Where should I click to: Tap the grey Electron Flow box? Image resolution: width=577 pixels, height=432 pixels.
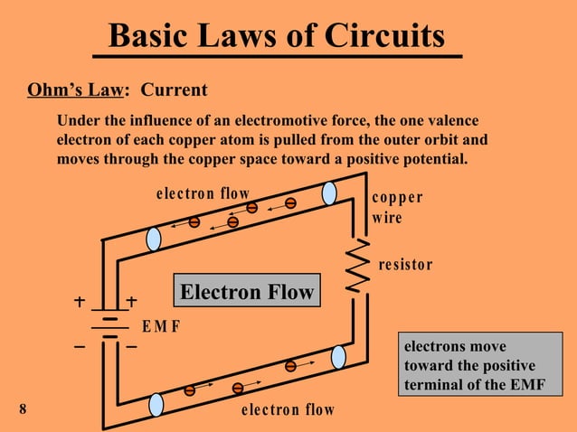pyautogui.click(x=246, y=291)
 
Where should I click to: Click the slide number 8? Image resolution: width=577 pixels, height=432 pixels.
pyautogui.click(x=23, y=409)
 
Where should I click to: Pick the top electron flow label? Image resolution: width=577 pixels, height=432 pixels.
pyautogui.click(x=203, y=193)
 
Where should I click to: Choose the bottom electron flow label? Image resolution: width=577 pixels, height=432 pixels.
pyautogui.click(x=288, y=410)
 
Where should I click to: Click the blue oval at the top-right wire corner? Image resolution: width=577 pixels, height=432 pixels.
pyautogui.click(x=329, y=193)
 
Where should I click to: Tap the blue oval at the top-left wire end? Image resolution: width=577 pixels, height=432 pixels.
pyautogui.click(x=154, y=239)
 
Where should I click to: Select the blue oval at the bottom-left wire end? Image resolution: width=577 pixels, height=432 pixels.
pyautogui.click(x=156, y=404)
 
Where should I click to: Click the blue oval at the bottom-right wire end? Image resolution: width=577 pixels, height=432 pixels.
pyautogui.click(x=338, y=357)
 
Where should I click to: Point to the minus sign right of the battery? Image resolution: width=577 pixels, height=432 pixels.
pyautogui.click(x=132, y=346)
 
